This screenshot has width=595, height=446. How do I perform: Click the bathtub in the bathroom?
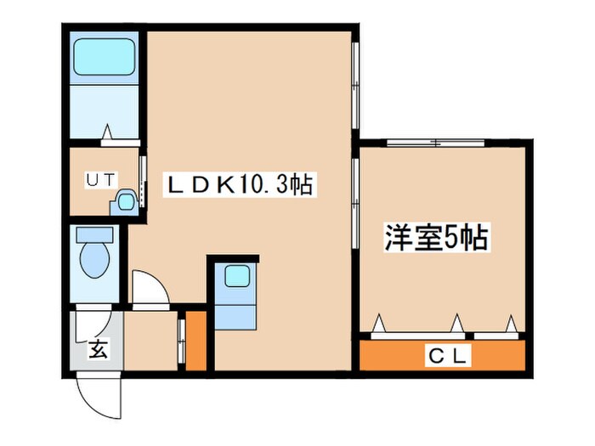104,56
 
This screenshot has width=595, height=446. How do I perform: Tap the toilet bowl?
93,256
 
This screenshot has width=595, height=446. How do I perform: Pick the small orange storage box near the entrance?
196,342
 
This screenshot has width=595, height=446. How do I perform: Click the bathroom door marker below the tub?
108,133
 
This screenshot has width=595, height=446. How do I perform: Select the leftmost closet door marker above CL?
379,324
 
